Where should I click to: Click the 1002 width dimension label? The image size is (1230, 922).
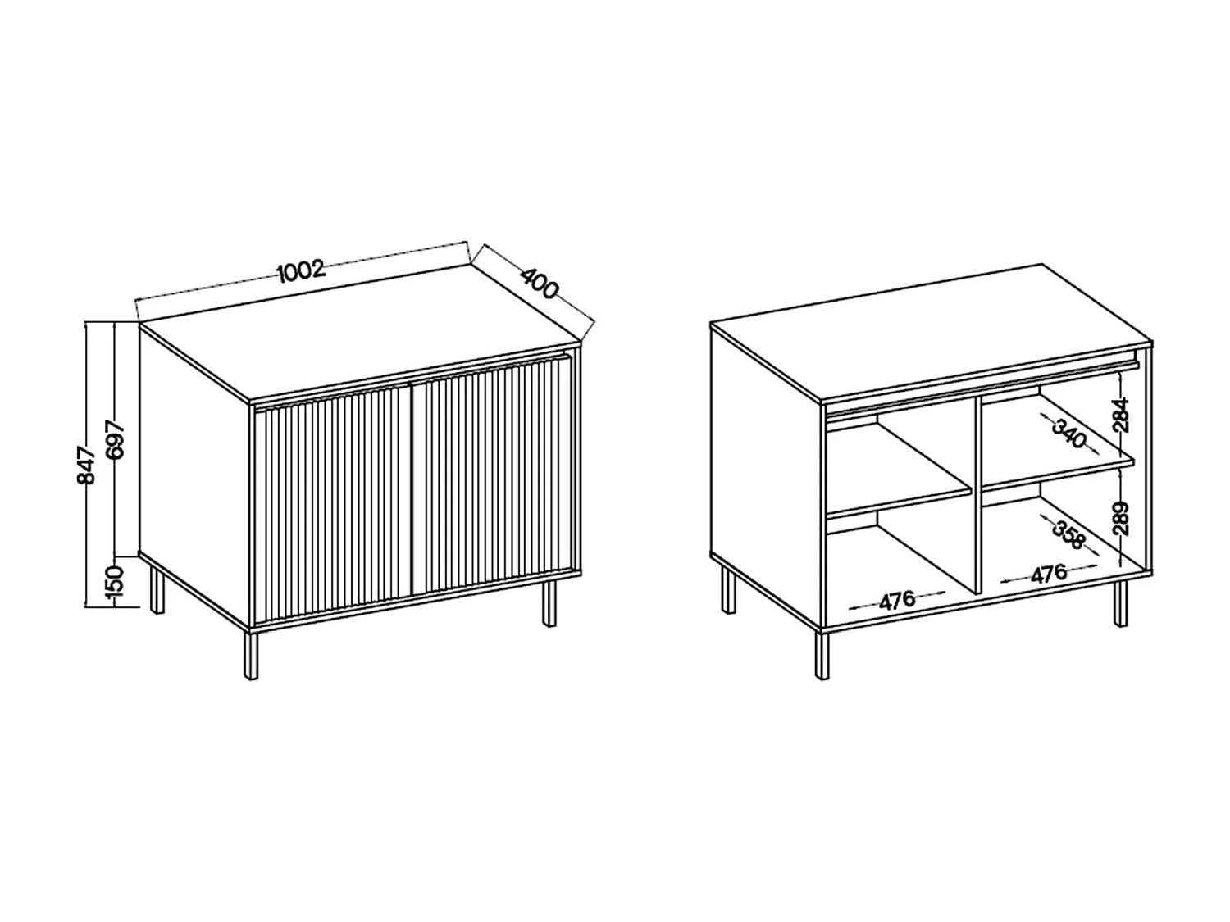[302, 270]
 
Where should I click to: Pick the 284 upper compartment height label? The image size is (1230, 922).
[1122, 415]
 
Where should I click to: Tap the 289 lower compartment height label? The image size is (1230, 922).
[1122, 518]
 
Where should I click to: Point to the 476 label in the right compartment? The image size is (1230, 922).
[1048, 574]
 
